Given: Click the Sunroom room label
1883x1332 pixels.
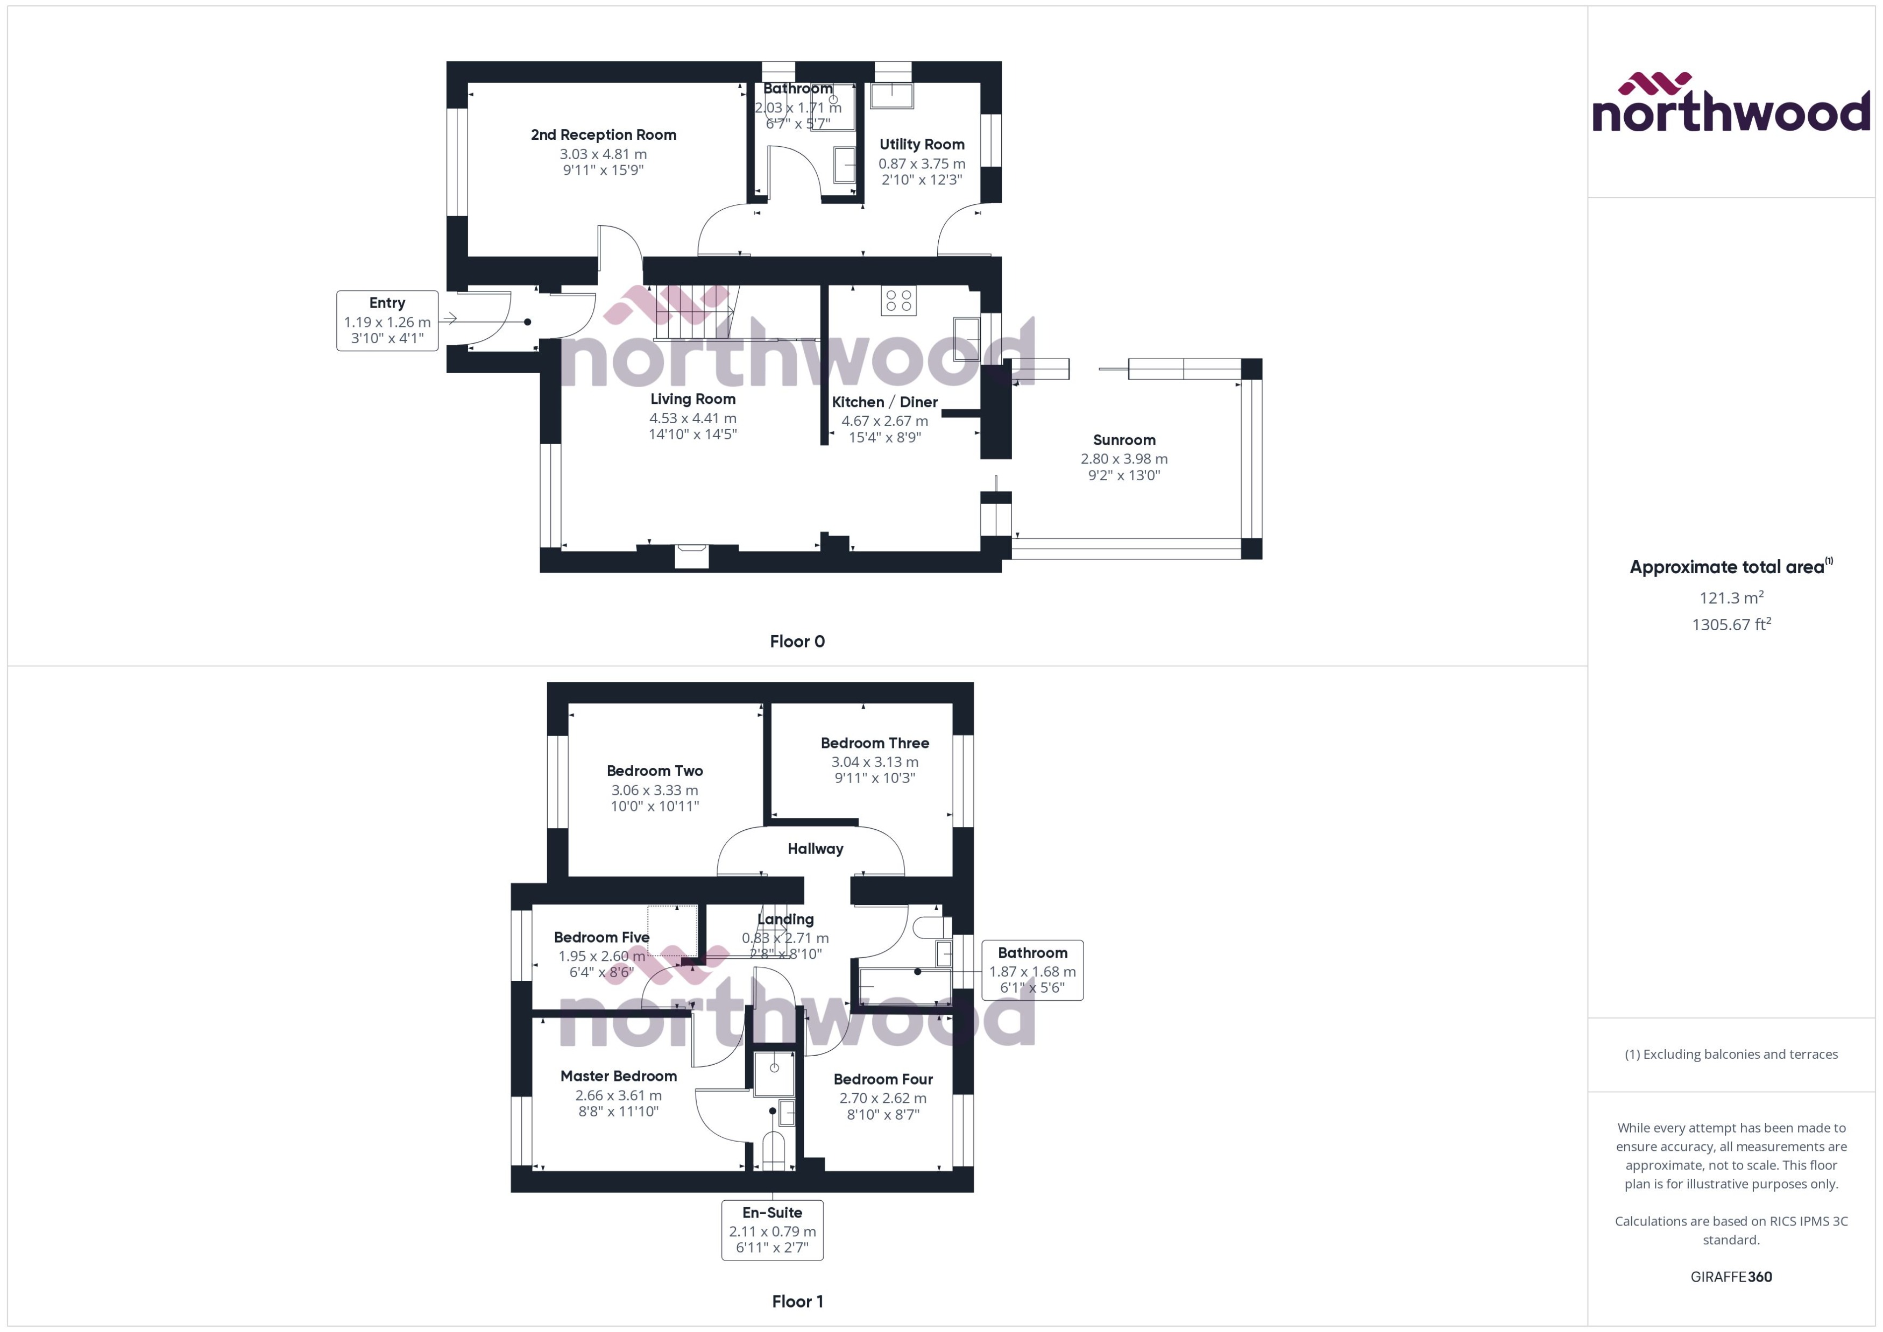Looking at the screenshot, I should (1123, 440).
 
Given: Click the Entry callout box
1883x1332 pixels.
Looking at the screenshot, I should (386, 320).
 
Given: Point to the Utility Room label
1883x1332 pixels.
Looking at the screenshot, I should (922, 144).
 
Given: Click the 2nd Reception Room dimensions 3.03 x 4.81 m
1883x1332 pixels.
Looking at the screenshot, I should (603, 154).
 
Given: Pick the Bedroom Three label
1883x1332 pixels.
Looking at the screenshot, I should (875, 743).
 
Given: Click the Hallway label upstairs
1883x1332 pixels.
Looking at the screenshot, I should (815, 849).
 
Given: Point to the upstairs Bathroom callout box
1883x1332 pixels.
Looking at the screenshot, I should (1032, 970).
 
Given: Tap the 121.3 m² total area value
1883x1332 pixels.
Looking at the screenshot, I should (1730, 598).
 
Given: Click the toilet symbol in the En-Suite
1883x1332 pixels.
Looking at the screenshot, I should (773, 1148).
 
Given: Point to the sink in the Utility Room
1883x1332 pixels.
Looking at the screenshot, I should (891, 95).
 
